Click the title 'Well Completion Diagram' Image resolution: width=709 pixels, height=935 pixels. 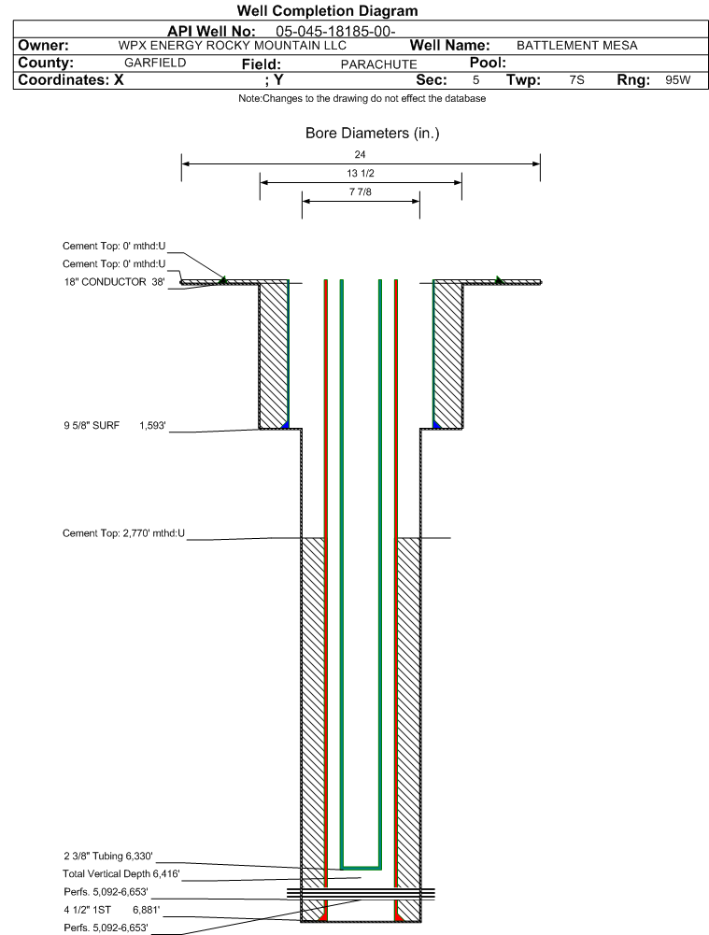pos(327,11)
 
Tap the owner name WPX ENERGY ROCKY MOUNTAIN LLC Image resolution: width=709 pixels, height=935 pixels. pos(233,46)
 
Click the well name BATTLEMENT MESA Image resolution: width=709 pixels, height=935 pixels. pos(577,46)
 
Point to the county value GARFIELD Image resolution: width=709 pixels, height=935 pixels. pos(155,63)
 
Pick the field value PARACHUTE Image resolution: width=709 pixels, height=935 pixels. pos(378,64)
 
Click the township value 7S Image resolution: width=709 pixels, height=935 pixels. pos(576,80)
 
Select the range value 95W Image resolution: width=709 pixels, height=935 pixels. pos(677,80)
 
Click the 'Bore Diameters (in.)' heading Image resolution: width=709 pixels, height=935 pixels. pos(372,134)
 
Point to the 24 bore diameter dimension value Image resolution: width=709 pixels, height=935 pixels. pos(361,154)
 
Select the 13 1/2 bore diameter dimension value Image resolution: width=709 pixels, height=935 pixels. pos(360,174)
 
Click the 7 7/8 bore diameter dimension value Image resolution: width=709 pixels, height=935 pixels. pos(360,193)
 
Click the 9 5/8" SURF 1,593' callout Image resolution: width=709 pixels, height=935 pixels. pos(114,426)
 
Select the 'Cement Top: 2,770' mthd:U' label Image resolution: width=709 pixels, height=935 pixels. pos(123,533)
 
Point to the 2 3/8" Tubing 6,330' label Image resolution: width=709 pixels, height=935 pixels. pos(107,856)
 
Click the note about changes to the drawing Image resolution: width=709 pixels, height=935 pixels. pos(362,99)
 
